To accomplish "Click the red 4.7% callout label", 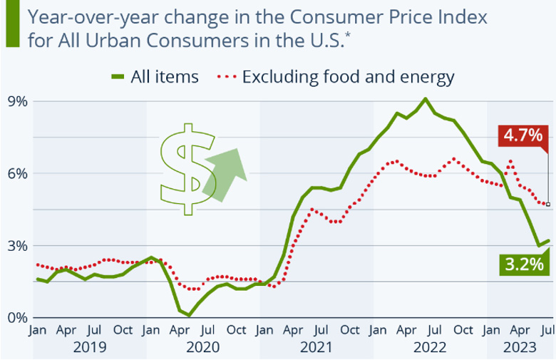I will click(x=522, y=134).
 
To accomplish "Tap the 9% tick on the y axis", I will click(x=18, y=101).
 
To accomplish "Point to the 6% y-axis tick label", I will click(x=18, y=173).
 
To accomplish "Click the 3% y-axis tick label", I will click(x=18, y=245).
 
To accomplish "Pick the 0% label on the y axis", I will click(x=18, y=317).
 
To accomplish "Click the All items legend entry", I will click(x=155, y=76).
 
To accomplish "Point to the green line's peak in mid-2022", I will click(x=425, y=99).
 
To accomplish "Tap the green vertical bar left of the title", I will click(x=11, y=26).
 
